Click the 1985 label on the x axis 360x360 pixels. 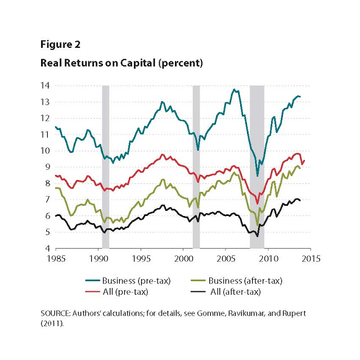[x=55, y=259]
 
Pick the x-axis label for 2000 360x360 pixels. [x=183, y=259]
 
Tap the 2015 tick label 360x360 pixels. [x=311, y=259]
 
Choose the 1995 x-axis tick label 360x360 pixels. [x=141, y=259]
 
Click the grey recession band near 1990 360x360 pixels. [x=105, y=169]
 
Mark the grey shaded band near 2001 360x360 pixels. [x=196, y=169]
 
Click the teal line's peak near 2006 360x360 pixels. [x=234, y=89]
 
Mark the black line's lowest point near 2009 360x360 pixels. [x=258, y=236]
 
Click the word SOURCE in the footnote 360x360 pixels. [x=56, y=312]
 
